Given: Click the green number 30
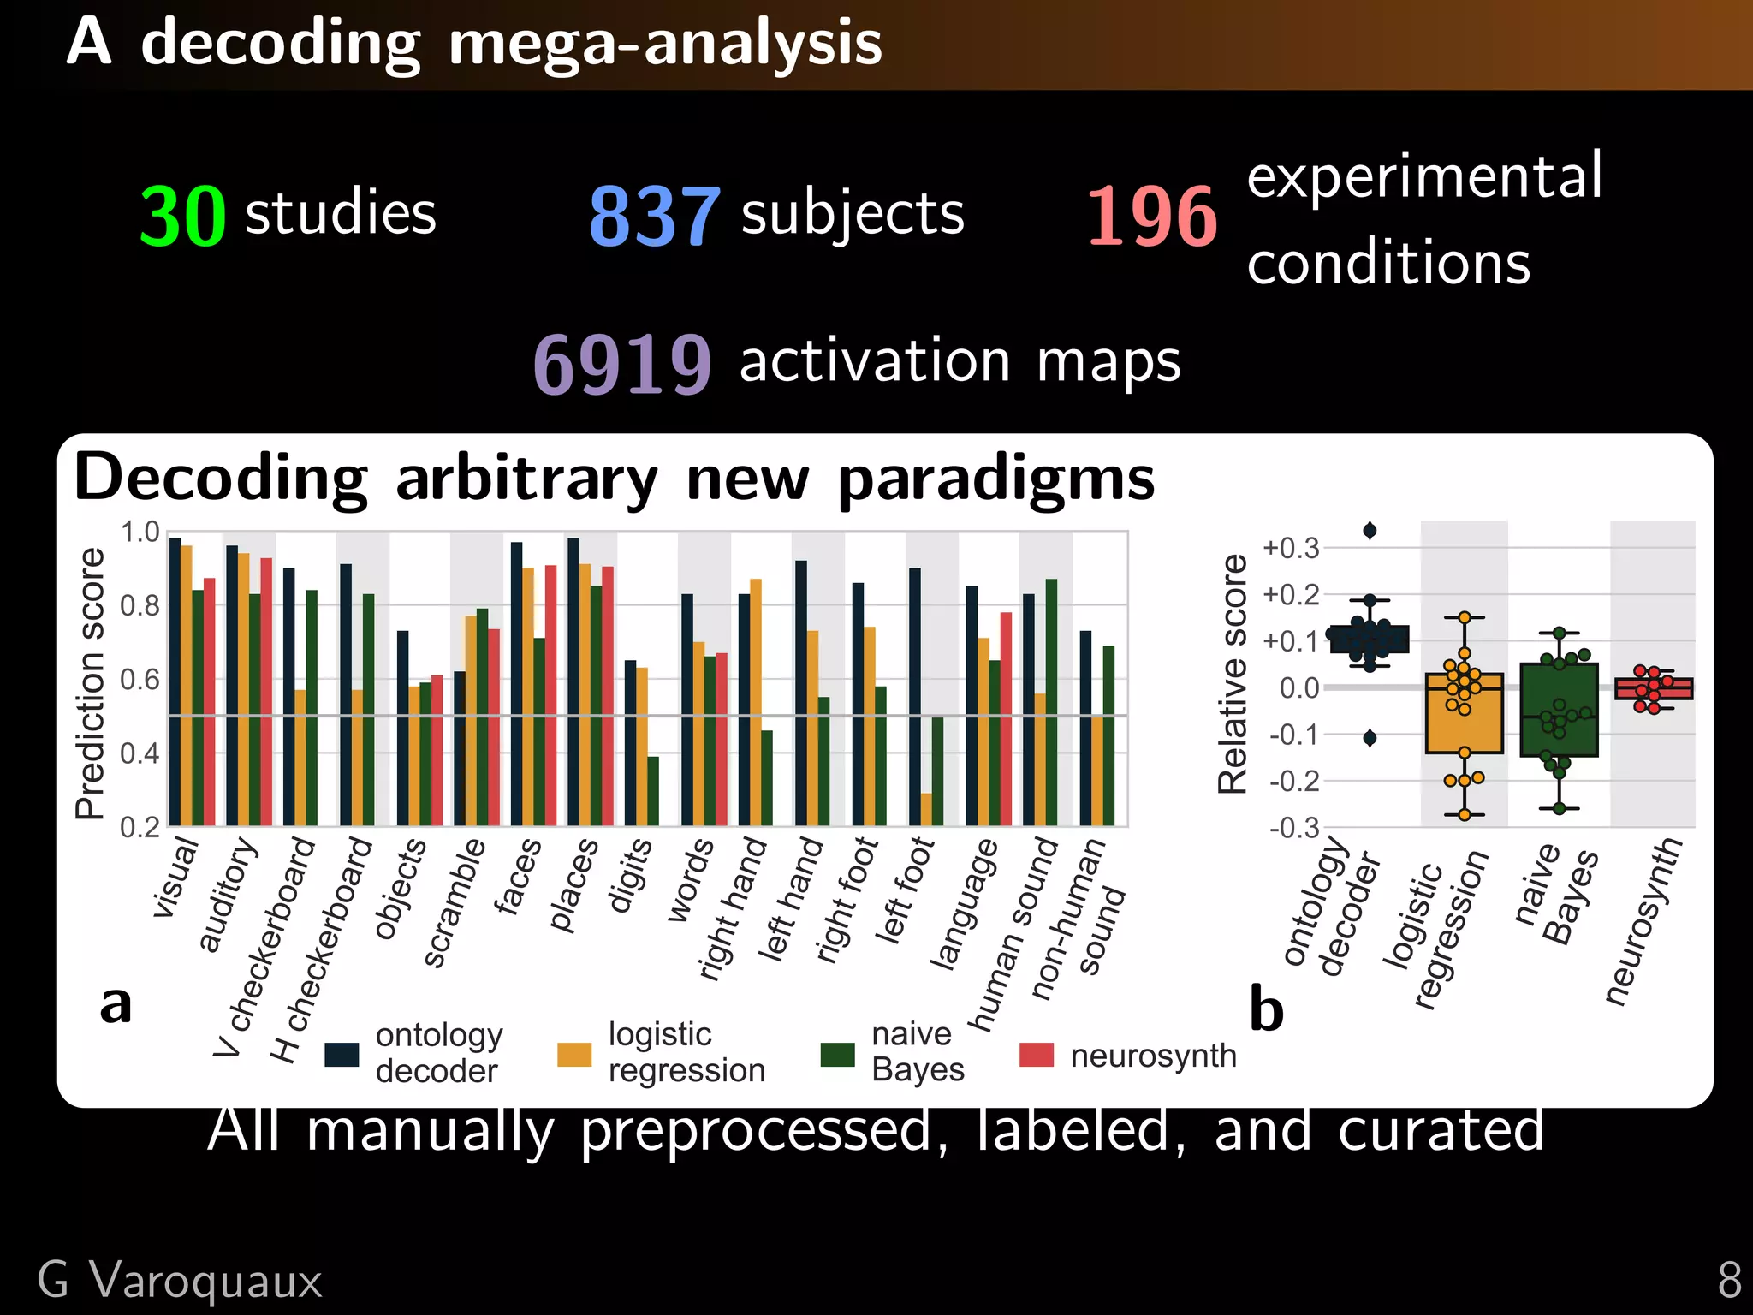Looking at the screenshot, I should tap(182, 217).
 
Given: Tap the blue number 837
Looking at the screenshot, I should tap(655, 217).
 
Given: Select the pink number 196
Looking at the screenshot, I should tap(1151, 217).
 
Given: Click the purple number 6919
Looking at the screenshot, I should tap(622, 365).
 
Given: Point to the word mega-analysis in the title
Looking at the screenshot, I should tap(664, 43).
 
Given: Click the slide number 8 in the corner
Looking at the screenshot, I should tap(1729, 1281).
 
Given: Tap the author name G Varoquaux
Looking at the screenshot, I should tap(180, 1281).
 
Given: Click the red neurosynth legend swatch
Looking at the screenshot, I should tap(1036, 1055).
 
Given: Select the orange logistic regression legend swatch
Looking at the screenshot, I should tap(574, 1055).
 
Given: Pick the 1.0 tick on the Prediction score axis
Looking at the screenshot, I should tap(140, 533).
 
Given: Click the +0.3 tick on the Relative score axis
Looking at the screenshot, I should tap(1291, 548).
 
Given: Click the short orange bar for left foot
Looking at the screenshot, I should tap(926, 809).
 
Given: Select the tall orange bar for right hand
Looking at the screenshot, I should tap(756, 702).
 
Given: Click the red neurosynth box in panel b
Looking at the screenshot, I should tap(1654, 688).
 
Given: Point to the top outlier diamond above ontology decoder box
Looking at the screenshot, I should tap(1370, 531).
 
